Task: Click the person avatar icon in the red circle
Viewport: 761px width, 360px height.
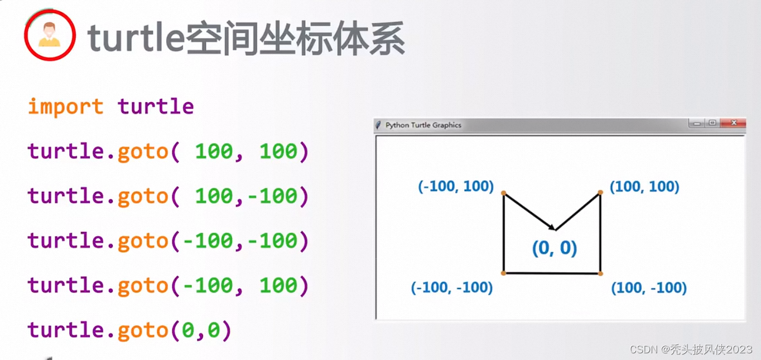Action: point(50,35)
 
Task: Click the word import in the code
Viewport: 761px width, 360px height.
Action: point(65,106)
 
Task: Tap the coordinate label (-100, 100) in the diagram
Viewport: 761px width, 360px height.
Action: point(456,186)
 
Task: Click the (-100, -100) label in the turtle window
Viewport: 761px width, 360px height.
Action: point(452,287)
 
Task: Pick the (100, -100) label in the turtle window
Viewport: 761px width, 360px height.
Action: point(649,288)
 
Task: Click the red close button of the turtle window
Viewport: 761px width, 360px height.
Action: point(733,123)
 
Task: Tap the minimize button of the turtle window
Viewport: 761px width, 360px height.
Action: point(697,123)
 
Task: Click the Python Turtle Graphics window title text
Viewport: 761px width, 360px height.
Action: point(423,125)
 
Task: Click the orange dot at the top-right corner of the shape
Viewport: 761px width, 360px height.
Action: point(600,193)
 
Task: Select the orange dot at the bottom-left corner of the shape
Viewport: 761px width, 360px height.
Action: point(503,273)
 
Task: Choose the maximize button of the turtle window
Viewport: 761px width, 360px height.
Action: point(712,123)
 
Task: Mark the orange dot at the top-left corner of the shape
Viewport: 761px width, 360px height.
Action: point(503,193)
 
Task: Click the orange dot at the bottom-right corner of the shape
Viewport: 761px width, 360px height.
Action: point(600,273)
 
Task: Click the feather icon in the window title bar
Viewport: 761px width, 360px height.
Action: point(379,125)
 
